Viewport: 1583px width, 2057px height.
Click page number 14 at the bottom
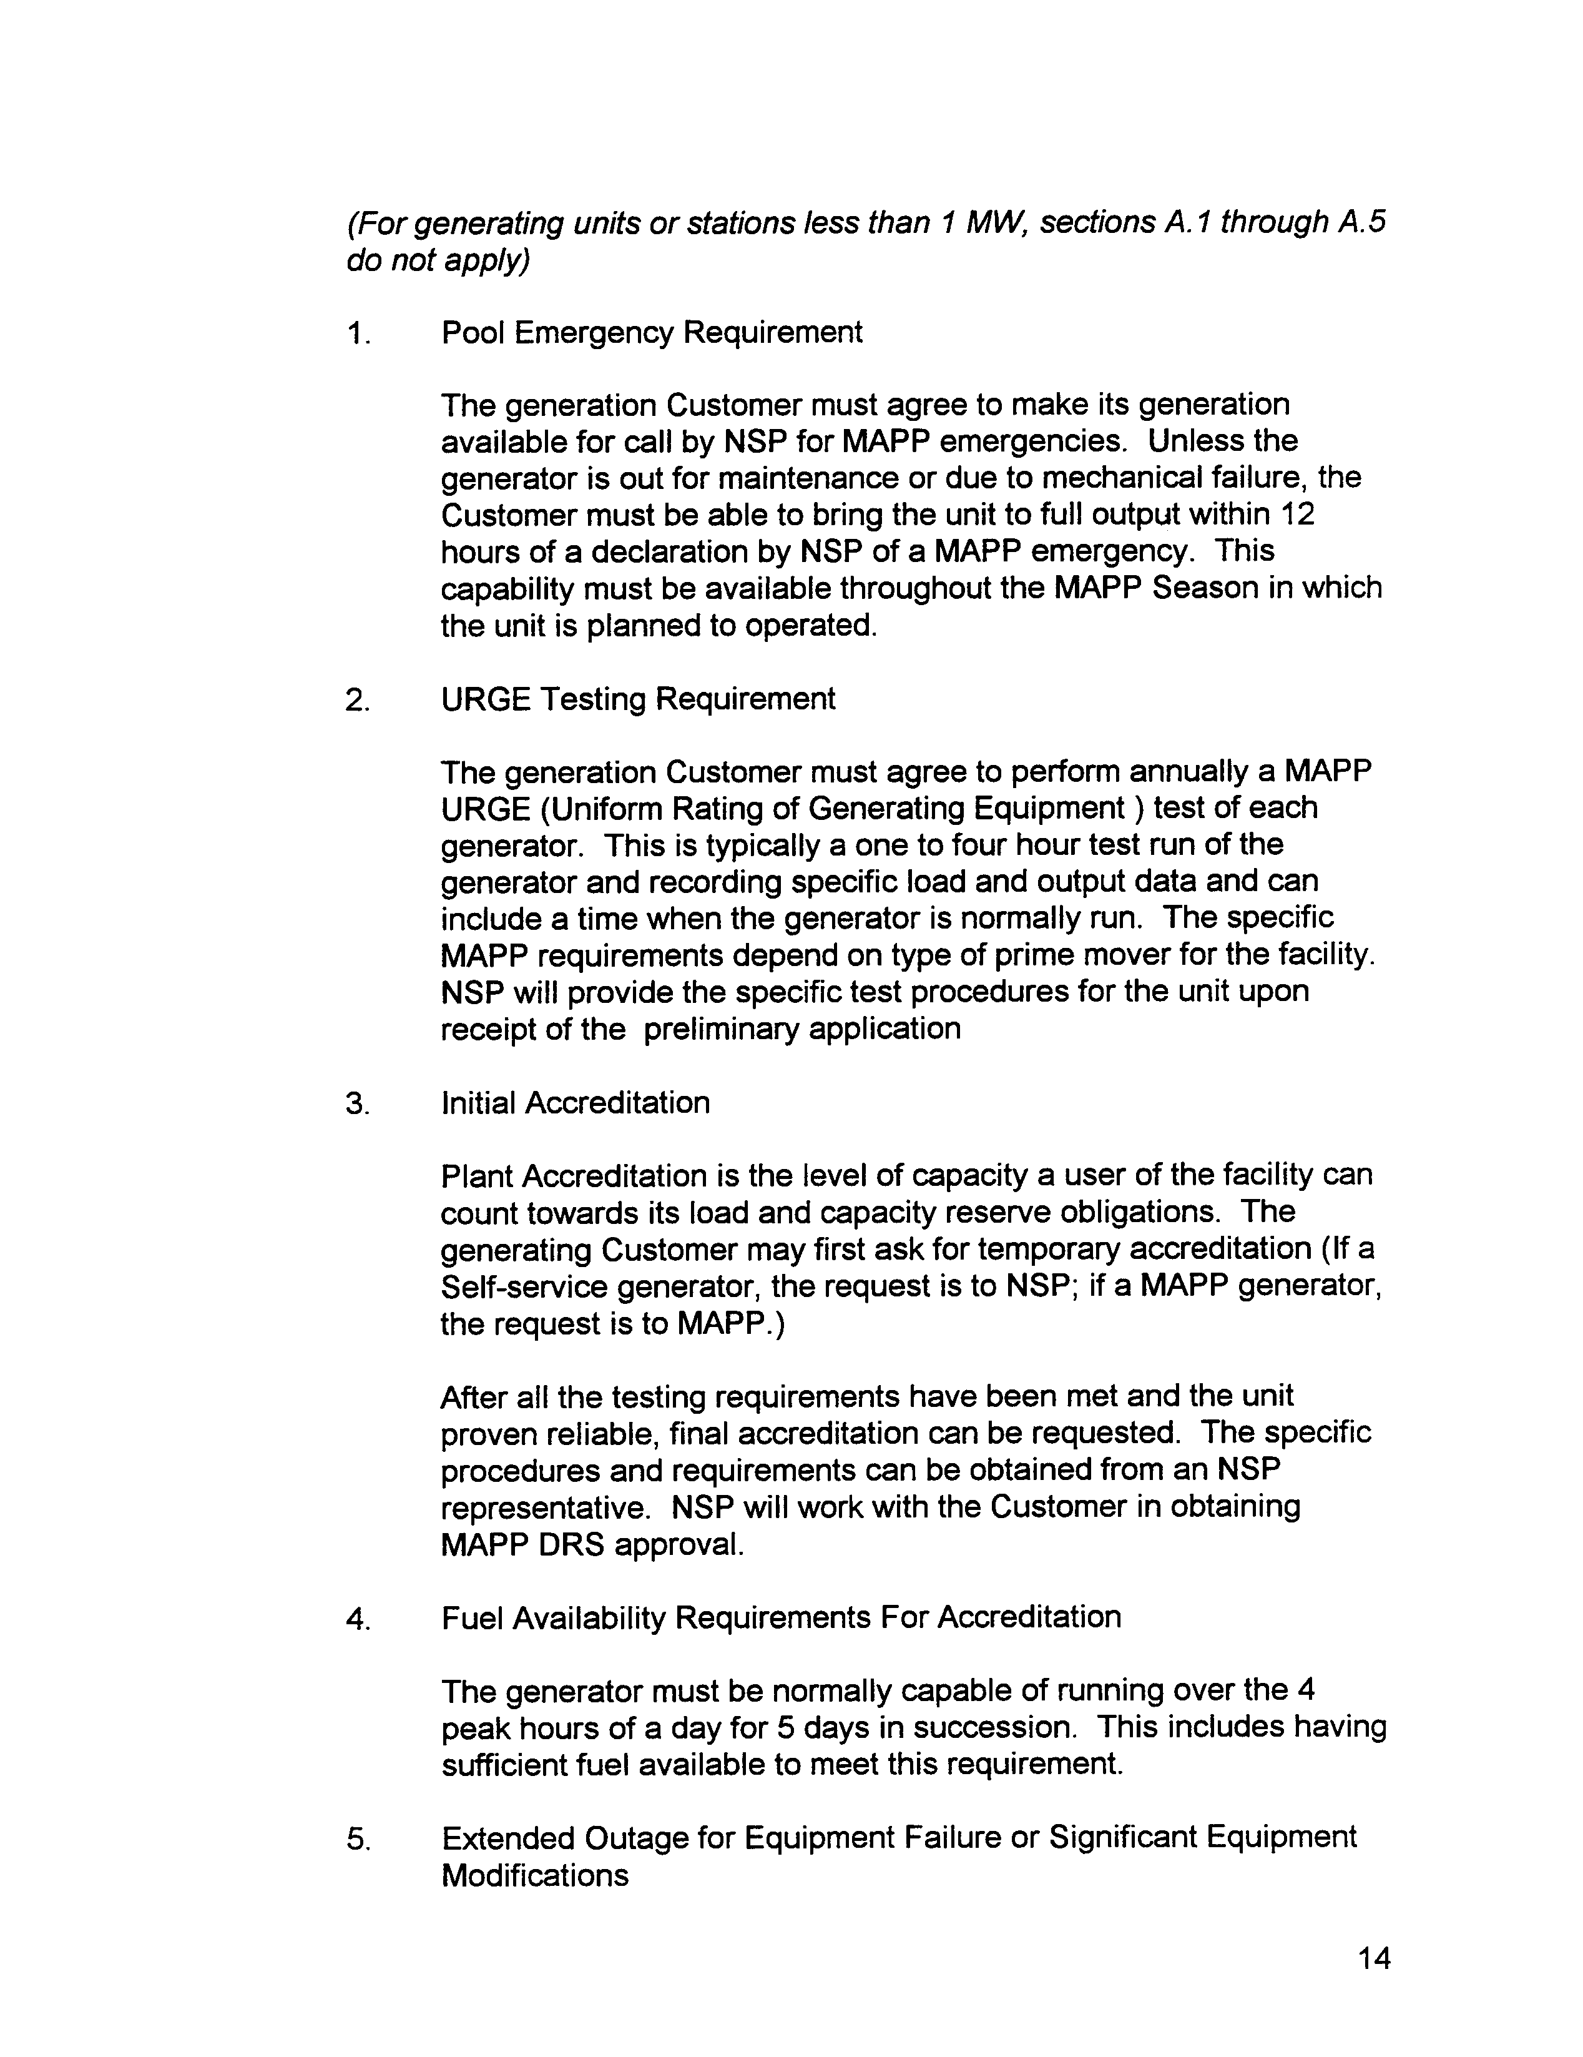[x=1374, y=1958]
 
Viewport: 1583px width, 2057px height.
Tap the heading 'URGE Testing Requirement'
[x=637, y=699]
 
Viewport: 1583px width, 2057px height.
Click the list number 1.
[x=358, y=333]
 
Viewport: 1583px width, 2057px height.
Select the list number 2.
[x=358, y=700]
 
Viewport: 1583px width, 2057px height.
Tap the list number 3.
[x=358, y=1104]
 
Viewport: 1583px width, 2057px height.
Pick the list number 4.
[x=358, y=1619]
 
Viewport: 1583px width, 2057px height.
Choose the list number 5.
[x=358, y=1838]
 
